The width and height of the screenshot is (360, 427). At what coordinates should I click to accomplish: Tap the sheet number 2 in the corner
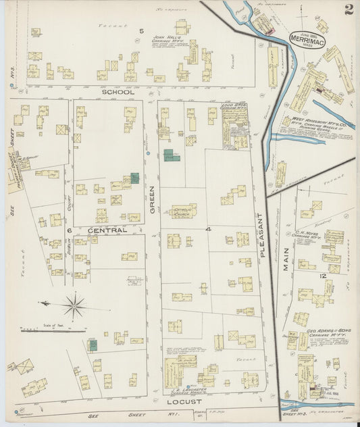click(x=348, y=9)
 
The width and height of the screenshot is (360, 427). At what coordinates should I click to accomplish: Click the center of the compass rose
click(x=74, y=305)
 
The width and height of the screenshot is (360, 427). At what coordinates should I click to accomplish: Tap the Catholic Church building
click(x=183, y=211)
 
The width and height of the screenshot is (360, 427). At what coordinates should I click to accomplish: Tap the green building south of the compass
click(x=93, y=345)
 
